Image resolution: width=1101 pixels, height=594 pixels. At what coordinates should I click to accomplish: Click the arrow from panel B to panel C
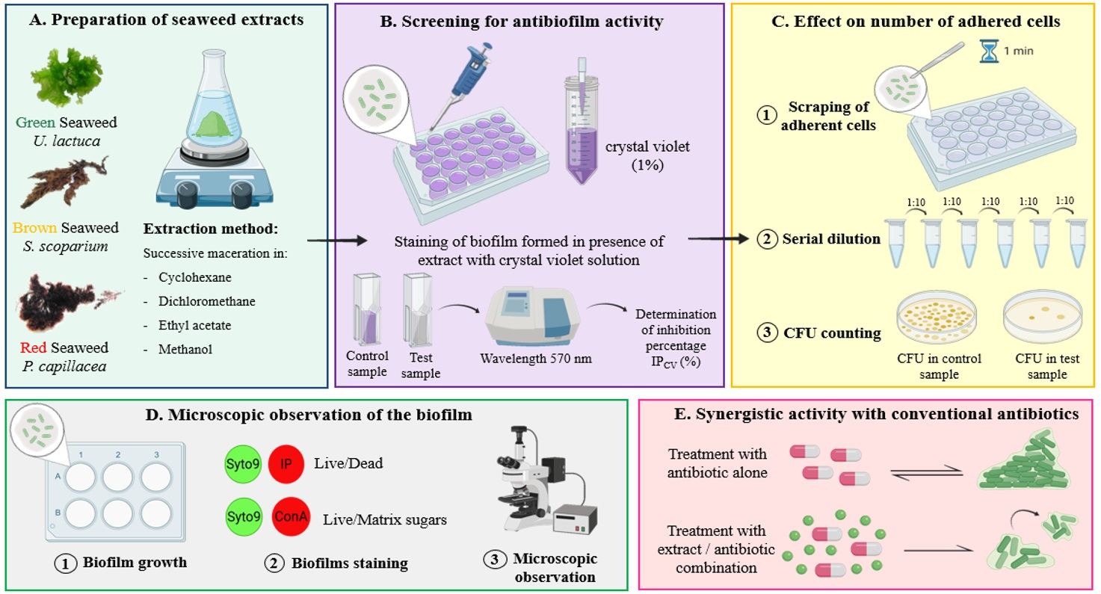click(718, 238)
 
